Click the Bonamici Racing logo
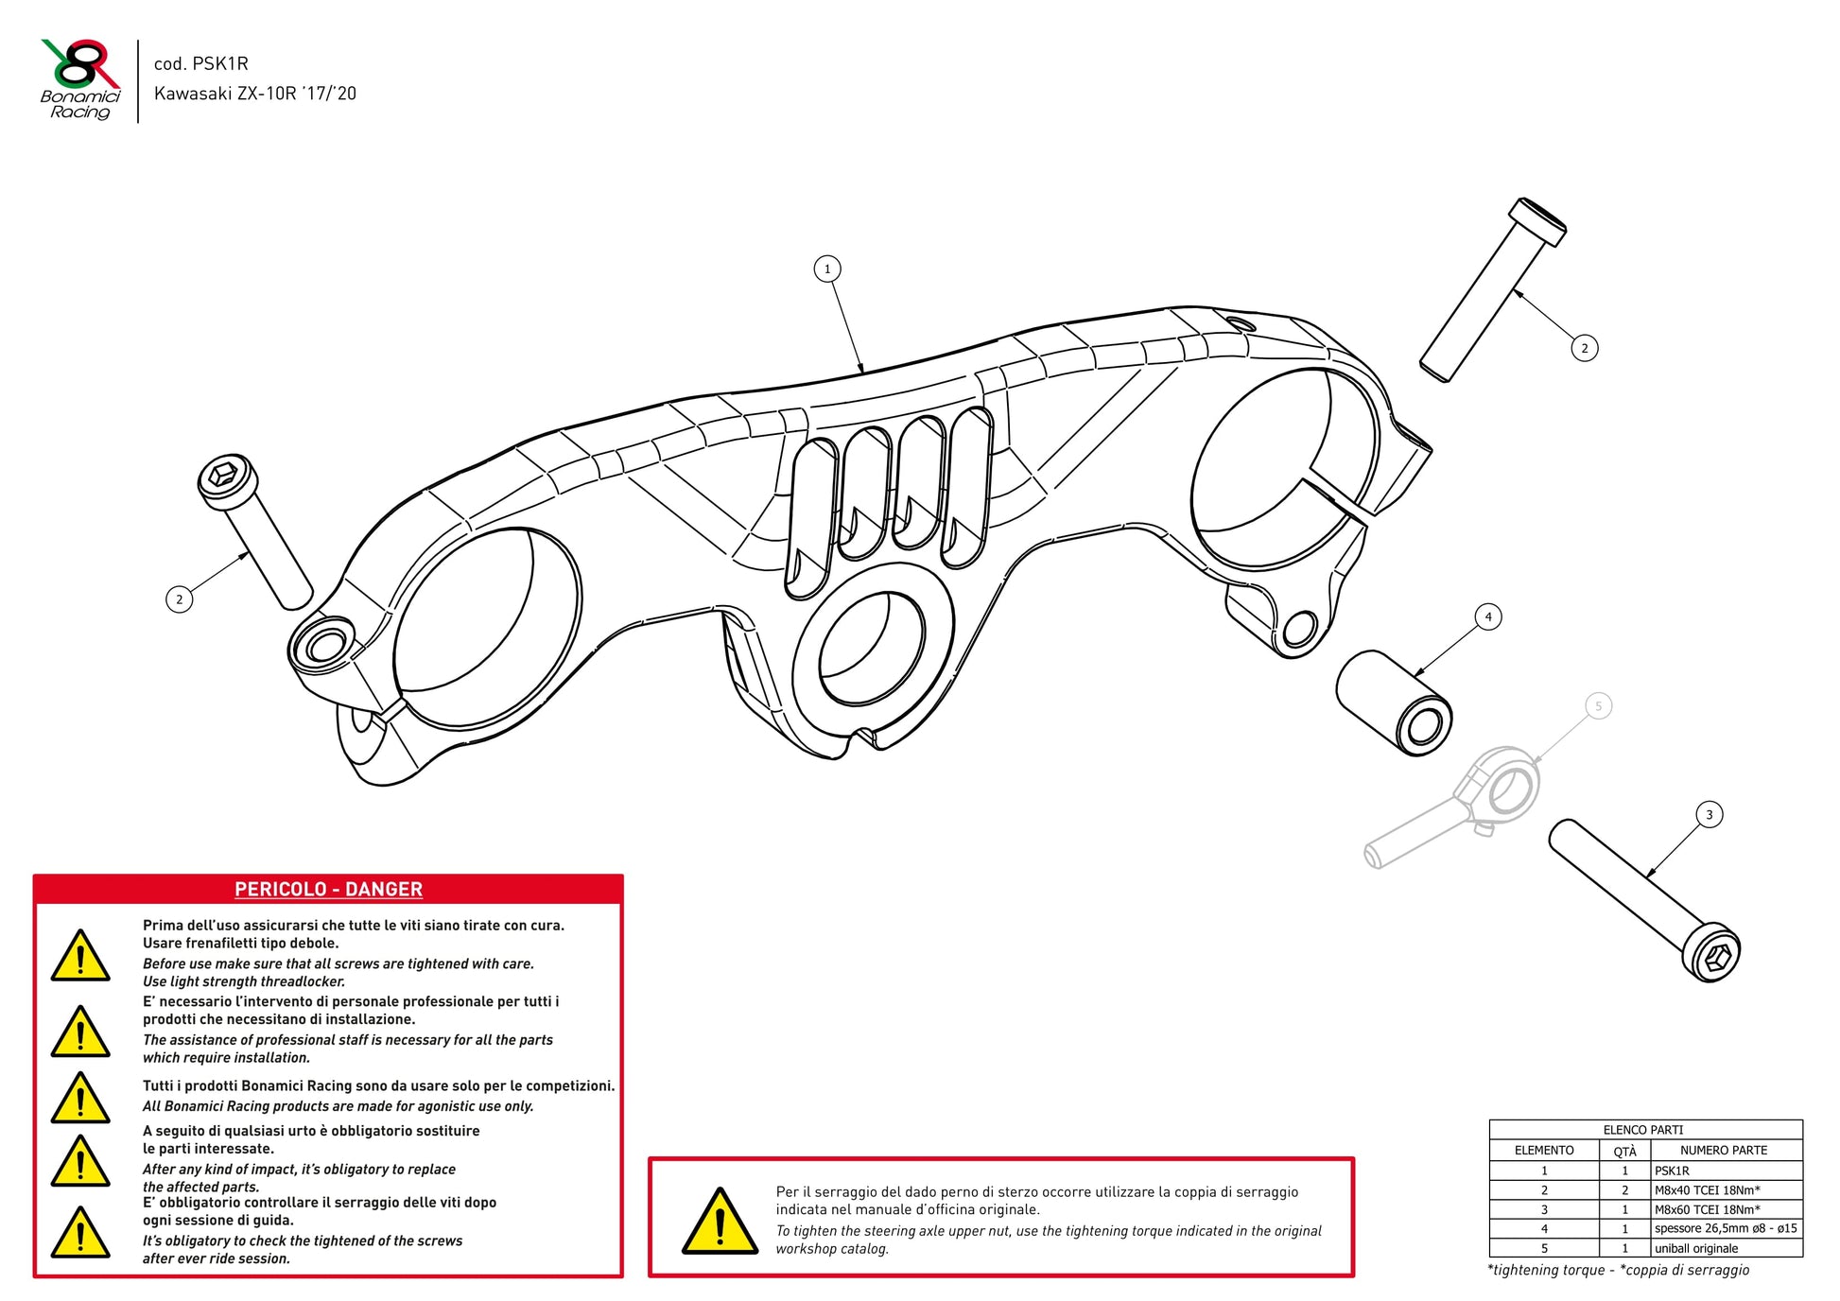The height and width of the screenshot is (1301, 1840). coord(80,79)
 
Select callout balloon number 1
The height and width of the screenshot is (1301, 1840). coord(827,269)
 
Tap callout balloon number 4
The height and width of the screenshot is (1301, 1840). coord(1488,617)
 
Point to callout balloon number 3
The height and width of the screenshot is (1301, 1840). coord(1709,815)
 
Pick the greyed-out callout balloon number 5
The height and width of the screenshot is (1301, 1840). coord(1599,706)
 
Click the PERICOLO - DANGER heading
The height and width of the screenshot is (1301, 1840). coord(328,889)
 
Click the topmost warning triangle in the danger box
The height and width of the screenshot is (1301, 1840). coord(80,956)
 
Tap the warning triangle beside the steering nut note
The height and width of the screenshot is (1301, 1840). coord(720,1222)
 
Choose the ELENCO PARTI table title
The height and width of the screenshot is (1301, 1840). coord(1643,1130)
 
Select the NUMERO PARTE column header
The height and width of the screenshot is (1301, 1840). coord(1724,1151)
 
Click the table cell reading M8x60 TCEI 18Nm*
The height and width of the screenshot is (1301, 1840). coord(1707,1209)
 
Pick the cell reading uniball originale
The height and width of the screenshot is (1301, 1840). coord(1696,1248)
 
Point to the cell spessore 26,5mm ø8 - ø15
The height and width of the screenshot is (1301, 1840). coord(1726,1228)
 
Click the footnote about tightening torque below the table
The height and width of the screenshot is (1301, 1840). coord(1618,1270)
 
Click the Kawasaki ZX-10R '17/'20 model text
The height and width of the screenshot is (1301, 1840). coord(255,94)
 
